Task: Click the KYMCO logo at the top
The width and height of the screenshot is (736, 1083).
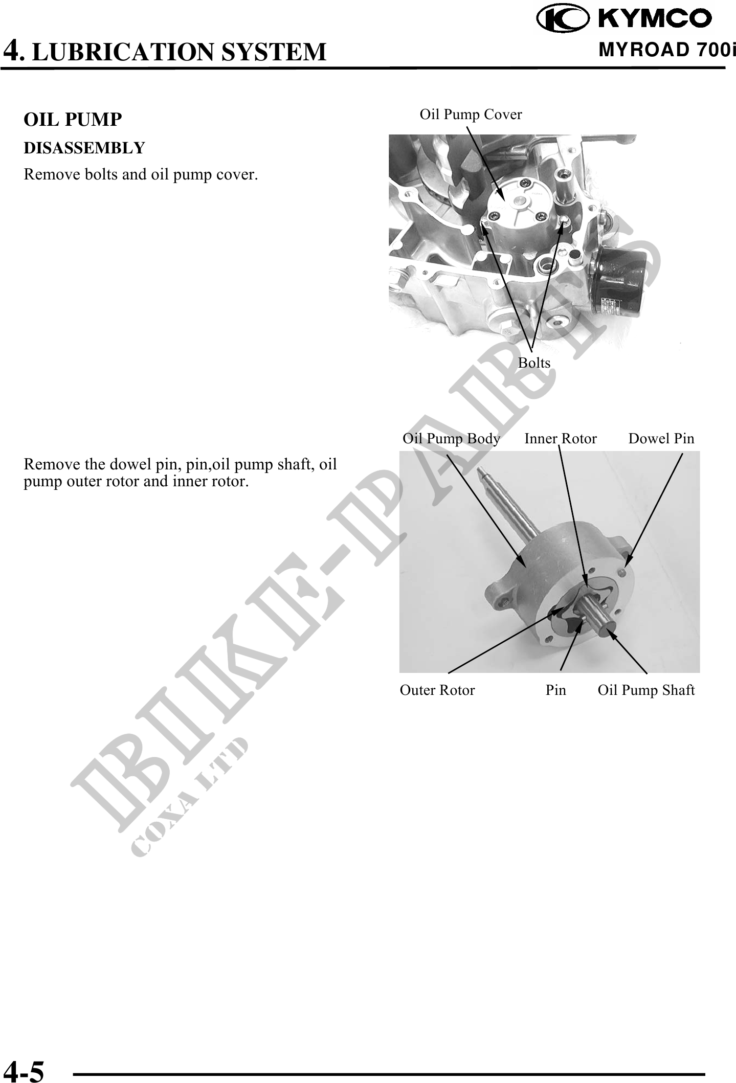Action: tap(624, 18)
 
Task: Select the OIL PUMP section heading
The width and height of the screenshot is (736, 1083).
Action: tap(73, 120)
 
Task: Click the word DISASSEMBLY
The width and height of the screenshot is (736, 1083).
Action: tap(84, 148)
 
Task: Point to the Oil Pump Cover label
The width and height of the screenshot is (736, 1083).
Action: tap(471, 115)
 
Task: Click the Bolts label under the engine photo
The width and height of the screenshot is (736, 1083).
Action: tap(534, 363)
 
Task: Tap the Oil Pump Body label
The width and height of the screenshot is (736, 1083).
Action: tap(451, 439)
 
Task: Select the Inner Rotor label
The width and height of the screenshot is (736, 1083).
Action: tap(561, 439)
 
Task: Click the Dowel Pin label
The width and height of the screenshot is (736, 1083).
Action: tap(661, 439)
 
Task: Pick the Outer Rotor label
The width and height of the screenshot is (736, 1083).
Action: tap(437, 690)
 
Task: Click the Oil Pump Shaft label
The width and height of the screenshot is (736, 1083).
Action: tap(646, 691)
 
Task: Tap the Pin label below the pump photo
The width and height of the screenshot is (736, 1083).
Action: tap(556, 690)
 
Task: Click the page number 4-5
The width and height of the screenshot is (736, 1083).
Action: tap(24, 1070)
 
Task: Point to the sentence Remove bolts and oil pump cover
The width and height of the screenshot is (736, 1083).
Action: tap(141, 175)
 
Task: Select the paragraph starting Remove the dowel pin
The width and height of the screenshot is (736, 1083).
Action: tap(180, 473)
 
